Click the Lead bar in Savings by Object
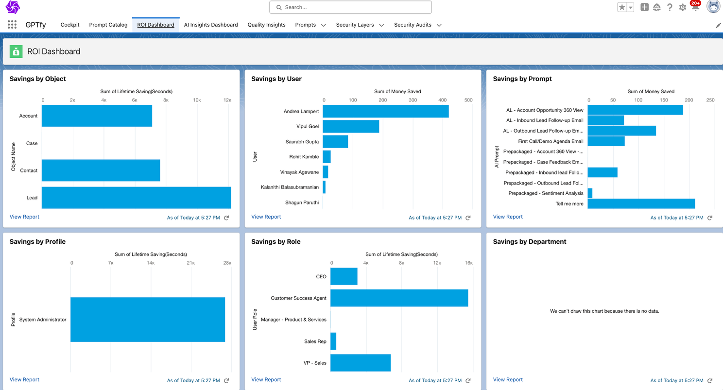tap(136, 198)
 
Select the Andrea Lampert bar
tap(385, 111)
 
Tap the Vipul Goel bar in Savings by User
tap(350, 126)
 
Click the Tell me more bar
tap(641, 203)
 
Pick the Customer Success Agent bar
tap(399, 298)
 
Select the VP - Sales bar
tap(360, 363)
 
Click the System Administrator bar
tap(148, 320)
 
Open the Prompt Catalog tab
tap(108, 25)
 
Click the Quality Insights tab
tap(266, 25)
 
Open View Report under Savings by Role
tap(266, 380)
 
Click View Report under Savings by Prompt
tap(508, 217)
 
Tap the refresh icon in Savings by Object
tap(226, 218)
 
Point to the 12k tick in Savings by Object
tap(227, 100)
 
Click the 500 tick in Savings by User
tap(468, 100)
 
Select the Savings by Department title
tap(529, 241)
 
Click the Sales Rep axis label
tap(315, 341)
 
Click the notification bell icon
tap(695, 7)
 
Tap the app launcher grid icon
tap(12, 25)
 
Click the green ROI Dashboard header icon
tap(17, 51)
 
